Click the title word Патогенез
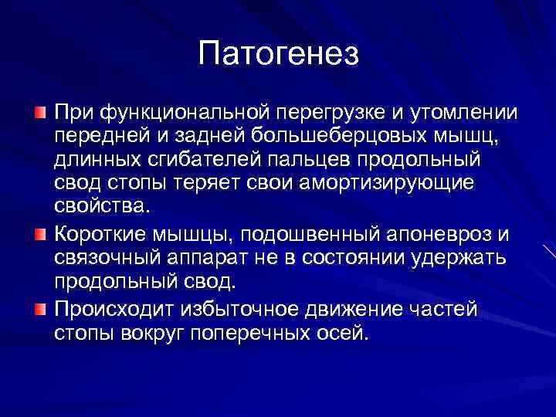[x=278, y=53]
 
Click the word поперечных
[x=256, y=334]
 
